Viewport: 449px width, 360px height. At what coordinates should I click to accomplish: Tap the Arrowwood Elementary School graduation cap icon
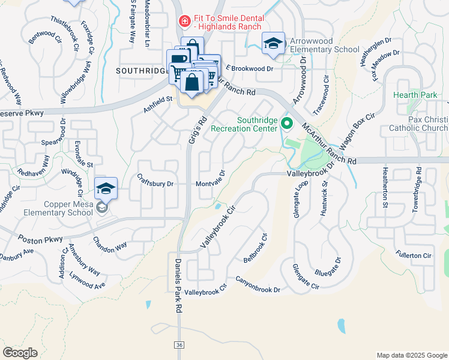tap(273, 43)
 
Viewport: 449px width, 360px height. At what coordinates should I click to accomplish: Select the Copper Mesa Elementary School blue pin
tap(105, 189)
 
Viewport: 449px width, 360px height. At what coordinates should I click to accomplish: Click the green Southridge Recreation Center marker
tap(287, 125)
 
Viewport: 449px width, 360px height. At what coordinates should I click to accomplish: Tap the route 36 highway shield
tap(179, 345)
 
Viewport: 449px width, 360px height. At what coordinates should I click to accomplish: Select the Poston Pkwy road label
tap(40, 239)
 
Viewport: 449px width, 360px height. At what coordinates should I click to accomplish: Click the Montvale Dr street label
tap(209, 184)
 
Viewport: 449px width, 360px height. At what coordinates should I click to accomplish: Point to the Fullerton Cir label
tap(414, 256)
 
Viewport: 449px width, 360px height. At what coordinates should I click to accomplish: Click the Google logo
tap(20, 352)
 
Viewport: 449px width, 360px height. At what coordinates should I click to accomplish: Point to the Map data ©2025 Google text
tap(411, 355)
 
